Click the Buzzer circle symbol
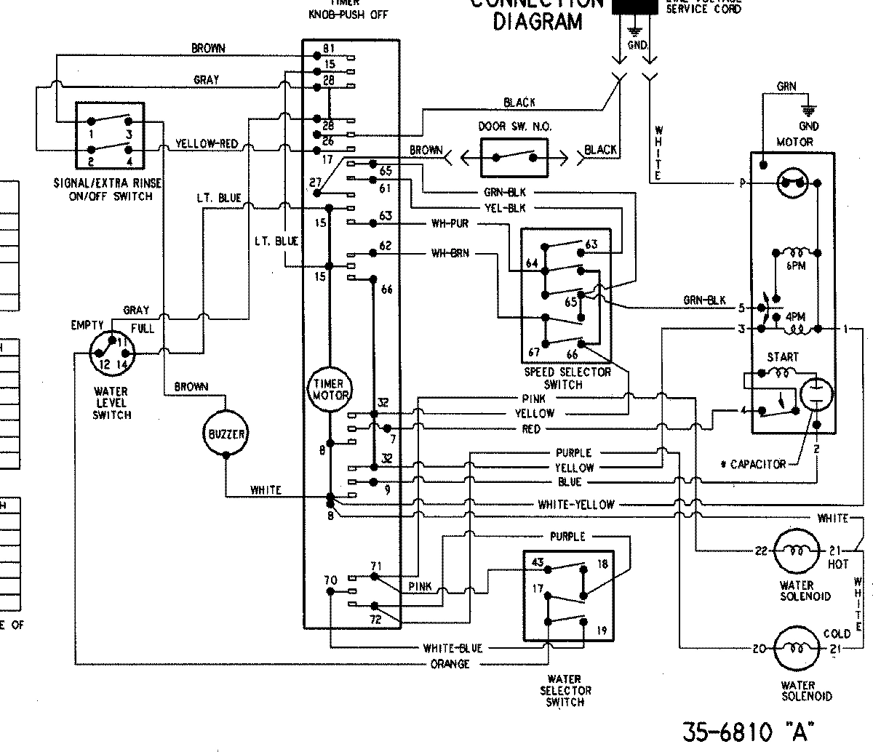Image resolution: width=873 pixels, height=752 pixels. click(x=226, y=434)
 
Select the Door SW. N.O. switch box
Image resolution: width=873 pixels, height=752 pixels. click(x=515, y=156)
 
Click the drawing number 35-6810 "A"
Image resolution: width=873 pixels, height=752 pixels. click(x=747, y=729)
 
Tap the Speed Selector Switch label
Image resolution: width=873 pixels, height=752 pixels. click(x=567, y=378)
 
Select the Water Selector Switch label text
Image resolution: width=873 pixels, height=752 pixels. click(x=565, y=691)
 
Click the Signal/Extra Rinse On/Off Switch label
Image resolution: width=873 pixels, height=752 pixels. click(x=107, y=191)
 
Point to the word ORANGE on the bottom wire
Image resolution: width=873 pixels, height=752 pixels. click(x=450, y=664)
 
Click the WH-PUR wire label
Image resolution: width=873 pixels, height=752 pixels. click(x=450, y=223)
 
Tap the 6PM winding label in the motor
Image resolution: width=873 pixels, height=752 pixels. click(x=795, y=266)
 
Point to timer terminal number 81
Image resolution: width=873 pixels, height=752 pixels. click(x=329, y=49)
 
